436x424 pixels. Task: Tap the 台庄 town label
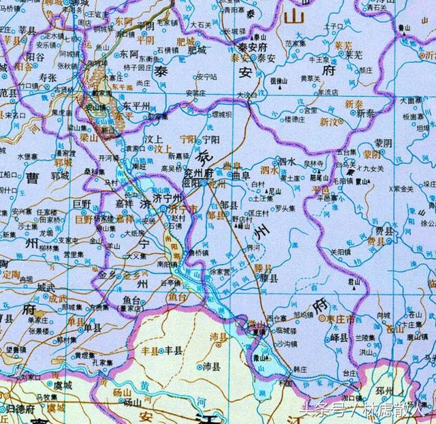pyautogui.click(x=349, y=374)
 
